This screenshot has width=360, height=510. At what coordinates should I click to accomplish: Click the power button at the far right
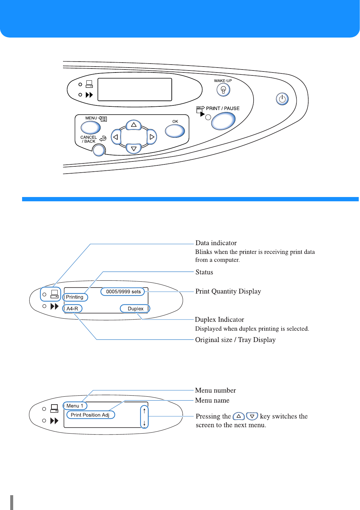pos(282,99)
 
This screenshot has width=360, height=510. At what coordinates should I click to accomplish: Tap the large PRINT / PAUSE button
pos(223,121)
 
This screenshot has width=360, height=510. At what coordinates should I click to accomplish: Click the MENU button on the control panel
pos(90,127)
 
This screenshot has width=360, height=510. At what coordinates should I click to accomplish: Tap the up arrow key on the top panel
pos(134,125)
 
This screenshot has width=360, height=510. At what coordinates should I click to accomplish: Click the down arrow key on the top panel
pos(134,149)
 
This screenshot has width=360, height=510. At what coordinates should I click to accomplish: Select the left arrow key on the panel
pos(116,137)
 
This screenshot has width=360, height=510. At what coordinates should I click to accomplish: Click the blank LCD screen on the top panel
pos(135,89)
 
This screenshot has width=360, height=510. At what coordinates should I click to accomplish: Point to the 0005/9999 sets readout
pos(123,292)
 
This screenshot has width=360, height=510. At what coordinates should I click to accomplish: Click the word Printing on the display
pos(75,297)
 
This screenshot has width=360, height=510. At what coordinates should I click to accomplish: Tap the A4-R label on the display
pos(72,309)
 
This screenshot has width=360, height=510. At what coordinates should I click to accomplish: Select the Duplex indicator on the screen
pos(135,309)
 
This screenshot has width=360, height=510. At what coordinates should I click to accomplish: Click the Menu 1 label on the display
pos(75,406)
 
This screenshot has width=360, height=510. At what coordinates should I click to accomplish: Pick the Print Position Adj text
pos(90,415)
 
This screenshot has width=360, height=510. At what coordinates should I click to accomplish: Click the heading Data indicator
pos(216,243)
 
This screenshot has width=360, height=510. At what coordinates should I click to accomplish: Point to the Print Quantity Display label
pos(228,291)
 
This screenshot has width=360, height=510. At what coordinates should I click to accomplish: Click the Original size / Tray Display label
pos(235,340)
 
